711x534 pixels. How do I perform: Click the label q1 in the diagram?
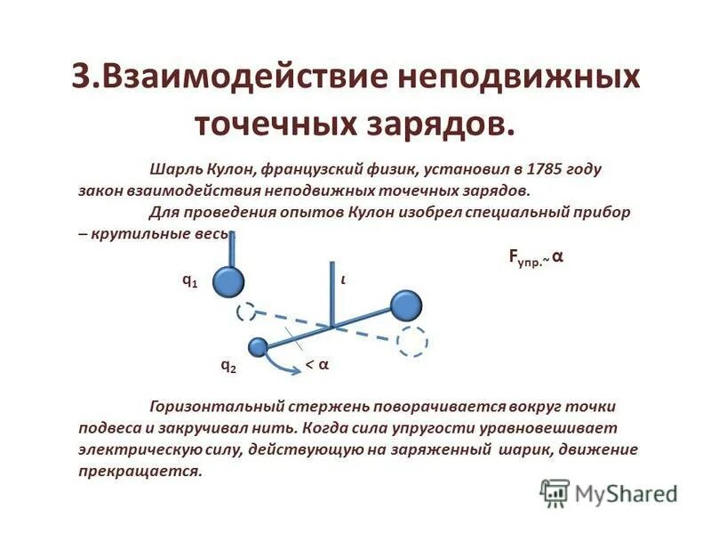[x=189, y=279]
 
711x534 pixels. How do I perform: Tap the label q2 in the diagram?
[x=228, y=365]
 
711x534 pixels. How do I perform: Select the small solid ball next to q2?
[x=259, y=347]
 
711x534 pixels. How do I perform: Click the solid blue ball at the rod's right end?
[x=407, y=306]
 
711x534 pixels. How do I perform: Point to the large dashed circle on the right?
[x=411, y=342]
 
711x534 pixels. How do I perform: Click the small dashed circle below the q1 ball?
[x=246, y=311]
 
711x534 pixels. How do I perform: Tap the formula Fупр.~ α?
[x=535, y=257]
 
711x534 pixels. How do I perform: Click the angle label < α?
[x=317, y=365]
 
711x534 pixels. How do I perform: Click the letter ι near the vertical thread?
[x=343, y=279]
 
